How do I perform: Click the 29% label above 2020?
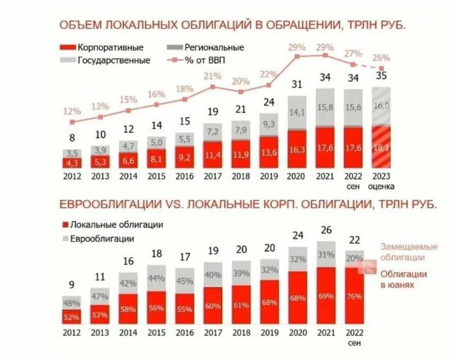click(x=297, y=47)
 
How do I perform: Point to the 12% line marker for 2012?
click(x=72, y=122)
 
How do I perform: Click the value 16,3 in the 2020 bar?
click(x=297, y=150)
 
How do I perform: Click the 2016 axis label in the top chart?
click(x=185, y=176)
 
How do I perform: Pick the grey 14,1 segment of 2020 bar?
click(x=297, y=113)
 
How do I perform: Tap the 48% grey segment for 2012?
click(x=72, y=303)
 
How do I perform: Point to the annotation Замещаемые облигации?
click(x=408, y=252)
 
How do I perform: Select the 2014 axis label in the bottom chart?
click(x=128, y=333)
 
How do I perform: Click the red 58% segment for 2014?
click(x=128, y=309)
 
